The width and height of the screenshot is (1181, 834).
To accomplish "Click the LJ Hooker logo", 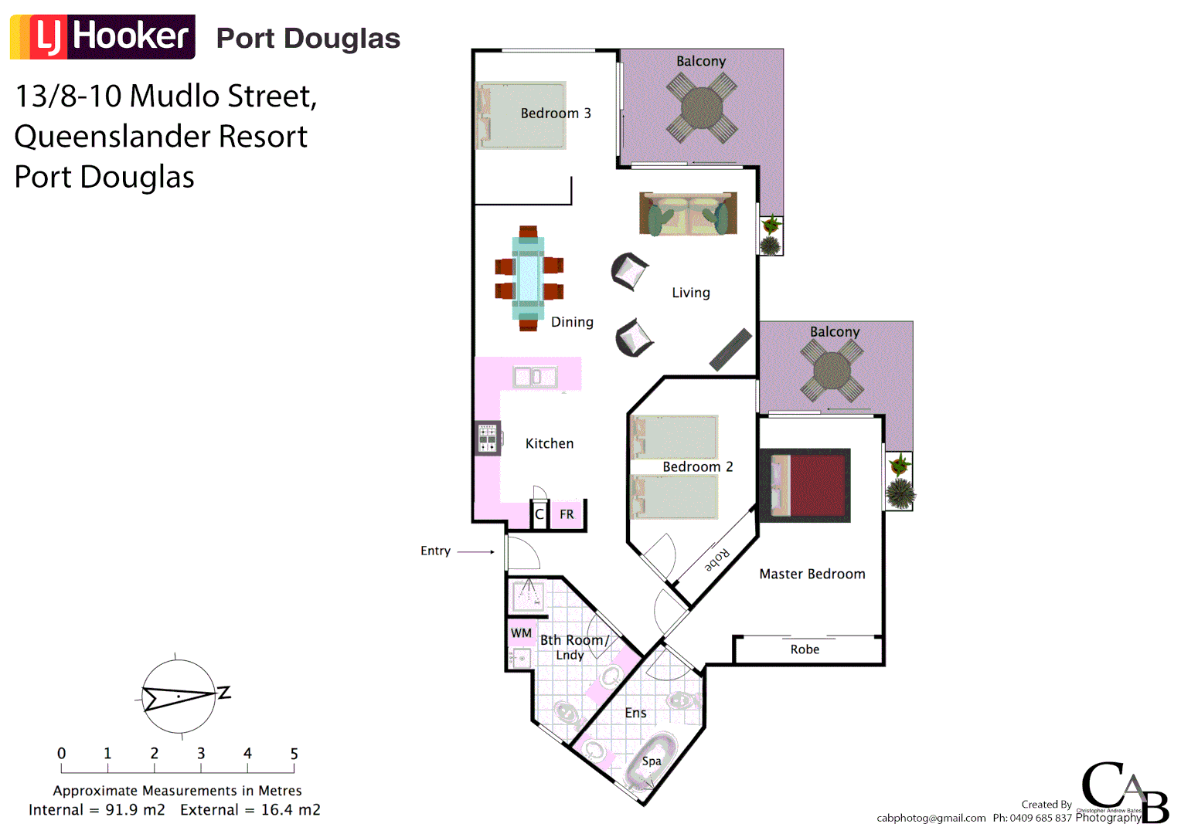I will click(x=103, y=36).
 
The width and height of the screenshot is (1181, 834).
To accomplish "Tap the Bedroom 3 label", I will click(x=555, y=114).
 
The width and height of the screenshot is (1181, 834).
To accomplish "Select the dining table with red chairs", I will click(x=529, y=278).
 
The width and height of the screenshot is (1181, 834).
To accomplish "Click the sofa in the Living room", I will click(x=687, y=214).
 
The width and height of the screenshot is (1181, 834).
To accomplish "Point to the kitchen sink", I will click(x=534, y=377).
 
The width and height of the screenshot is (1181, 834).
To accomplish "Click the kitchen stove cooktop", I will click(x=488, y=438).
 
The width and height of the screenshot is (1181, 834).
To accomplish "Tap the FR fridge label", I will click(x=567, y=514).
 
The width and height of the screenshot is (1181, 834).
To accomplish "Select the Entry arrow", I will click(x=475, y=551).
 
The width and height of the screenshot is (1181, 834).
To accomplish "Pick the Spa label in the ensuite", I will click(x=652, y=761).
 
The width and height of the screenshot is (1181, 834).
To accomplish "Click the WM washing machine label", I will click(x=521, y=633).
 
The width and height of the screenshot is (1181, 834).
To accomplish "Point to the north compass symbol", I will click(x=179, y=697).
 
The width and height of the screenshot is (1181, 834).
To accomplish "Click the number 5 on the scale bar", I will click(x=294, y=754).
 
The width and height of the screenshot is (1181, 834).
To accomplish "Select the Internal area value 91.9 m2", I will click(x=135, y=810).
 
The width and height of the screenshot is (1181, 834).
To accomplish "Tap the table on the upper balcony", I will click(x=702, y=107).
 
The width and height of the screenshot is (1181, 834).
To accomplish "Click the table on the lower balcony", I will click(x=832, y=371).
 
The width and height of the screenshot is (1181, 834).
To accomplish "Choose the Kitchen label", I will click(x=550, y=443).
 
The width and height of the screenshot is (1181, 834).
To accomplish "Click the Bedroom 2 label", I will click(x=697, y=466).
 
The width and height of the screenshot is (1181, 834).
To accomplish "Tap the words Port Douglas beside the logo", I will click(x=308, y=38).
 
